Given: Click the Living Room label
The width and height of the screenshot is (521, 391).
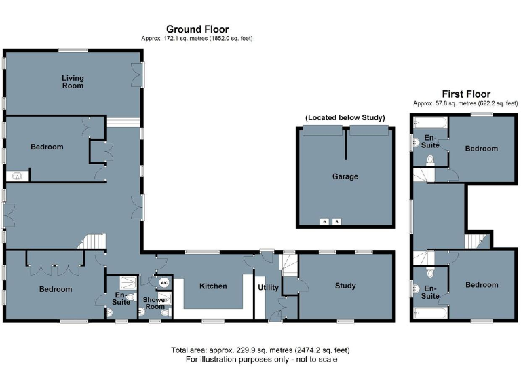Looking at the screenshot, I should pos(73,82).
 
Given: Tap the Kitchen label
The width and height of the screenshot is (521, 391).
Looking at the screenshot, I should pos(213,286).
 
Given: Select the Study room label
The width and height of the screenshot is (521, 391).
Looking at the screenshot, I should pos(345,286).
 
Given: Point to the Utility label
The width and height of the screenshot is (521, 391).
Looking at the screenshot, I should pos(268,287).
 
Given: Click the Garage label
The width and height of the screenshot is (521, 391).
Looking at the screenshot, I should pos(345,176).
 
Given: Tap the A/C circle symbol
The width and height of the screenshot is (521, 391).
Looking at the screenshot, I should pos(163,284).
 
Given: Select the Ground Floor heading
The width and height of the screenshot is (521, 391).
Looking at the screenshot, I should pos(197,29).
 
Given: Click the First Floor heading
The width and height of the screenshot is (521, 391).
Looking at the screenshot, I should pos(466,94).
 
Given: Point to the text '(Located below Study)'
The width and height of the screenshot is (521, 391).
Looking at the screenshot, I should pos(345,117).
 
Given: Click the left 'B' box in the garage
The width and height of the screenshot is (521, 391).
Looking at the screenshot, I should pos(324,222).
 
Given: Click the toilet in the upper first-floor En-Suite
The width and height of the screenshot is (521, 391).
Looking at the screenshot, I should pos(430,160).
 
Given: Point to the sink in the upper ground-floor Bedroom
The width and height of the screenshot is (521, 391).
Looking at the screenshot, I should pos(17,176).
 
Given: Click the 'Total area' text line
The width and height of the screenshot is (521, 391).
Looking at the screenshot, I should pos(260,350).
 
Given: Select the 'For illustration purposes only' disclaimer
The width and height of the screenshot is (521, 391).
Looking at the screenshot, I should pos(260,360).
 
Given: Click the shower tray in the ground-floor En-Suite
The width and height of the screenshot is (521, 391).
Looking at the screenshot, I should pos(127,282).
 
